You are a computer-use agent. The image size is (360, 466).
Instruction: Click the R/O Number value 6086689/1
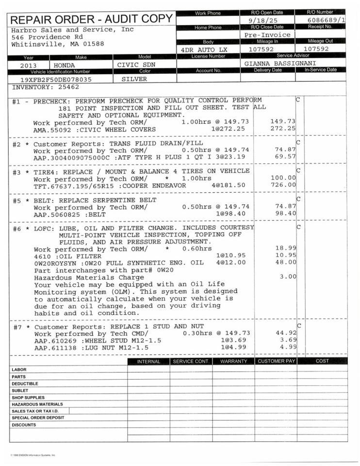327,20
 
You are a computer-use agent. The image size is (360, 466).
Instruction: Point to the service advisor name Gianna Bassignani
274,64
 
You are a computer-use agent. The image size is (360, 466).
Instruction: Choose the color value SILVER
134,79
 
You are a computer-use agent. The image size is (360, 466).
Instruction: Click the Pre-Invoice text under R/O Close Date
267,35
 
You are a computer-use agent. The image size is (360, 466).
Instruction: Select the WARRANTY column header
233,361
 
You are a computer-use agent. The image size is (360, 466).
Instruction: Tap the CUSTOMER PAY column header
276,361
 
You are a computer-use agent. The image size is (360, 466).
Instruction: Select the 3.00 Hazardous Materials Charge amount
288,277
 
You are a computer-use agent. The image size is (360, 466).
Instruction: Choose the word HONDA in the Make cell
65,65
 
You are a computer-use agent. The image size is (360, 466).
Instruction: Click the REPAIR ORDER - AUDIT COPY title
91,19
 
